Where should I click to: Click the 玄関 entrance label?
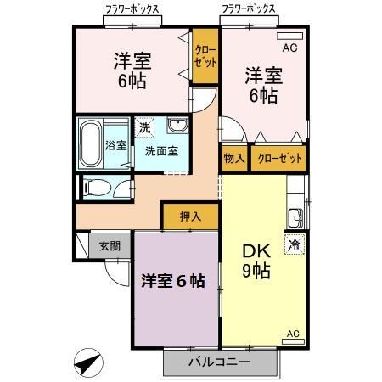pyautogui.click(x=110, y=246)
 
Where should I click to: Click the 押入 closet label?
pyautogui.click(x=191, y=216)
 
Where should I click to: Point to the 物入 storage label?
pyautogui.click(x=234, y=158)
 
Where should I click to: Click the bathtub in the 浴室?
pyautogui.click(x=92, y=144)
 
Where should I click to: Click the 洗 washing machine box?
pyautogui.click(x=146, y=126)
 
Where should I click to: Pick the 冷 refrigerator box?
pyautogui.click(x=294, y=244)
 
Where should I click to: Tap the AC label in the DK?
pyautogui.click(x=293, y=334)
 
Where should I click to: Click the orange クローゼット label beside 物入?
pyautogui.click(x=278, y=158)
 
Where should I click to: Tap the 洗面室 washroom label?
pyautogui.click(x=160, y=151)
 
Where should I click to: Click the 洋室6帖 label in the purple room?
pyautogui.click(x=172, y=282)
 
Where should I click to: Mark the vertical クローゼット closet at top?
pyautogui.click(x=205, y=55)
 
